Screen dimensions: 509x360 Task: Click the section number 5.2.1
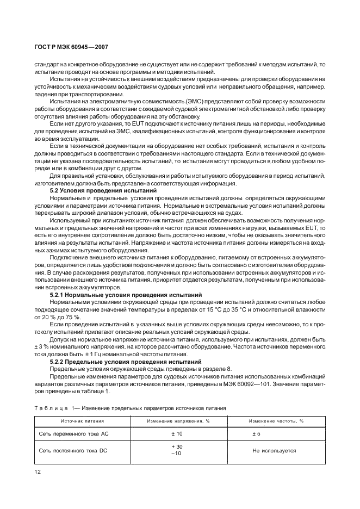(x=59, y=294)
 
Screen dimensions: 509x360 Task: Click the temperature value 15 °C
(x=237, y=309)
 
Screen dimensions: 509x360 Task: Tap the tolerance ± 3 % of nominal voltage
(x=41, y=346)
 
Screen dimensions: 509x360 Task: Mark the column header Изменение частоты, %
(x=276, y=421)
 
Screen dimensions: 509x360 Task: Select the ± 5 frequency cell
(x=257, y=434)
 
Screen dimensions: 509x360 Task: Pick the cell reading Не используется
(x=274, y=450)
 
